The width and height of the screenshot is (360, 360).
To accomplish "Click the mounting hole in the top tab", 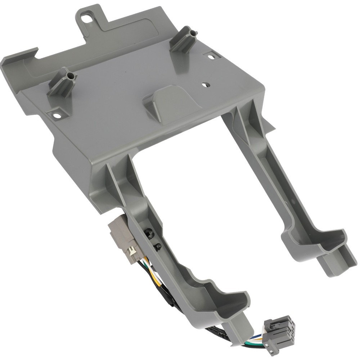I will pyautogui.click(x=86, y=17).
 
